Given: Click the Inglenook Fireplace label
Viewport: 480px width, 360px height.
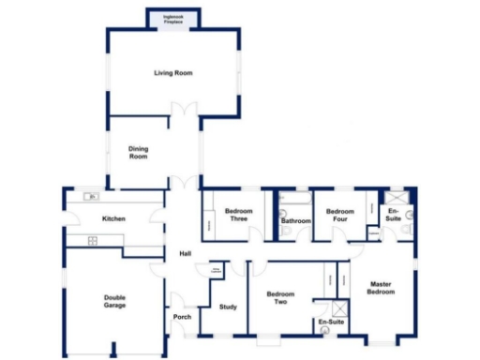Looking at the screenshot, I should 173,18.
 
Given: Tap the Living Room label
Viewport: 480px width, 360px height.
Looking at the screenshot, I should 173,73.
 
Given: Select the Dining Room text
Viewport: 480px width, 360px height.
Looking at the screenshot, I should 139,153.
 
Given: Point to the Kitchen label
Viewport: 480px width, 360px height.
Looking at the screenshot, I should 113,219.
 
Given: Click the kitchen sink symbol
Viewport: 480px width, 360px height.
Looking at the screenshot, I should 92,196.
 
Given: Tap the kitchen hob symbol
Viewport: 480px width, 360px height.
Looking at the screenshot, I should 94,241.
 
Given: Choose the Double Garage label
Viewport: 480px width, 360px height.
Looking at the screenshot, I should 114,301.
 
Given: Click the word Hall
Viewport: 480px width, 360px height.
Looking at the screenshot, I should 185,253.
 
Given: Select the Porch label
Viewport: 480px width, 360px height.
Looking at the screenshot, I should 183,317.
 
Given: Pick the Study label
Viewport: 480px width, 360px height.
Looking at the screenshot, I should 227,307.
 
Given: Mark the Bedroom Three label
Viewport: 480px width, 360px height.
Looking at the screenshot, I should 239,216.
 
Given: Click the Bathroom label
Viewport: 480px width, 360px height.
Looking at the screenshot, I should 296,221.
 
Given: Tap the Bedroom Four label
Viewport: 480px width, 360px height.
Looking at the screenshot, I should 339,216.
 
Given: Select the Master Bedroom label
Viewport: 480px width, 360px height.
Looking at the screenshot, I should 381,288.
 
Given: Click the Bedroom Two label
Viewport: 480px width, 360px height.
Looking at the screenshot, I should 280,297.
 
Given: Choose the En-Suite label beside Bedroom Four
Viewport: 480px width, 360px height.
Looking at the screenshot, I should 394,216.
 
